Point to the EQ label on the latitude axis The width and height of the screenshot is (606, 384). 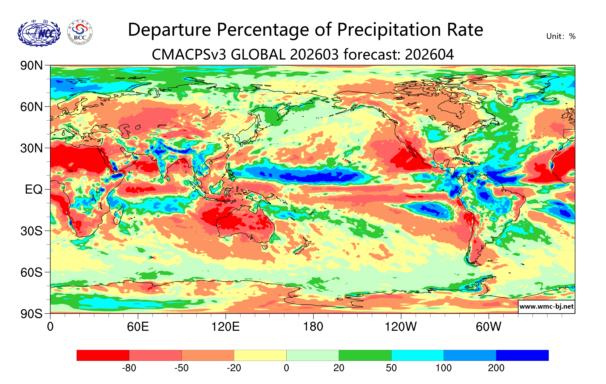[x=34, y=189]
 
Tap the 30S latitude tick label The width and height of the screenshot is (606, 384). [x=31, y=231]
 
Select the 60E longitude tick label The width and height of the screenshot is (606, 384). [x=138, y=327]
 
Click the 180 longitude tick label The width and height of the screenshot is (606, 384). [x=313, y=327]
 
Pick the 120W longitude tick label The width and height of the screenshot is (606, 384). [x=401, y=327]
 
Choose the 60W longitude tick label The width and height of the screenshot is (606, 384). [x=488, y=327]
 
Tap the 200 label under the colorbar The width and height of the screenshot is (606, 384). [x=496, y=368]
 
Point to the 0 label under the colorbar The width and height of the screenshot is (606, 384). [x=286, y=368]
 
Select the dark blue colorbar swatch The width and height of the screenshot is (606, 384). [x=522, y=355]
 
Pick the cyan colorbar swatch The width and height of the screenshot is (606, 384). [x=417, y=355]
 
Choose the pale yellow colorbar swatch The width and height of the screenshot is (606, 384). [x=260, y=355]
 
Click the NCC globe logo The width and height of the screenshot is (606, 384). [x=39, y=33]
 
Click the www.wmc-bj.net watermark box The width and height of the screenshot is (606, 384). [x=546, y=307]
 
